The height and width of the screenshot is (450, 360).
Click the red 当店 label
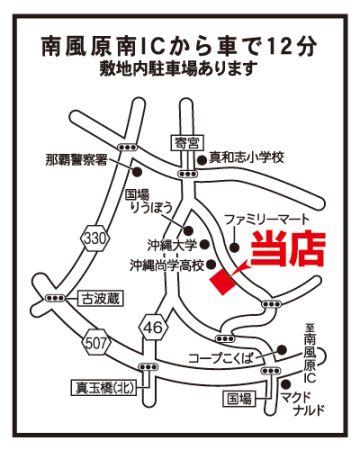point(288,248)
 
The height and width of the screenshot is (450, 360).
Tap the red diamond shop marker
point(224,282)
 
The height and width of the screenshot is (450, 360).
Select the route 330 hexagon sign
point(96,238)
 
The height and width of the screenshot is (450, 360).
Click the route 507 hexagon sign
point(96,343)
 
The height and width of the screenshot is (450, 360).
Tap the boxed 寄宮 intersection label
point(187,144)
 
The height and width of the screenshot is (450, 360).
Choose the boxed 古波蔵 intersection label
point(100,298)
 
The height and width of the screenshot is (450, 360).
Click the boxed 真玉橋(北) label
point(104,388)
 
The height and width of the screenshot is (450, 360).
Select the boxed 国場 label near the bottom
point(239,398)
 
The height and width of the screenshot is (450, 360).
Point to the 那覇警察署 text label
point(76,160)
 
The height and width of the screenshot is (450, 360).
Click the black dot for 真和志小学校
point(201,160)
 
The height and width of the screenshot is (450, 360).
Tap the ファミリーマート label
point(267,220)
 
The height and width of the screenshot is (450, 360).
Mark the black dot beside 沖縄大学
point(205,245)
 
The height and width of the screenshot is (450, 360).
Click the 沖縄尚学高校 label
point(167,265)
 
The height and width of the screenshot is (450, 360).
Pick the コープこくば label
point(221,358)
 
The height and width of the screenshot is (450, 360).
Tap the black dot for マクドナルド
point(285,384)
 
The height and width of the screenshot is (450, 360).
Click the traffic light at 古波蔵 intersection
point(55,298)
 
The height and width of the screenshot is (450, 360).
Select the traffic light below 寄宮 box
point(187,174)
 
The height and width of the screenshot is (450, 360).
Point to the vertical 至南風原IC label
point(309,354)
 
